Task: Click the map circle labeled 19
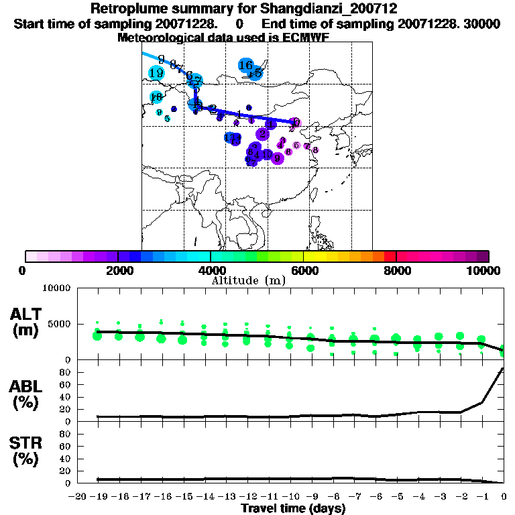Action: point(157,73)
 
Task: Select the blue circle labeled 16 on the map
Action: point(245,65)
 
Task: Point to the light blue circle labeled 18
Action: point(156,97)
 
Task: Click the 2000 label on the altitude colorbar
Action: point(117,270)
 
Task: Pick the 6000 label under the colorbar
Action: point(303,270)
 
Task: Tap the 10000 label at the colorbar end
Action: point(483,270)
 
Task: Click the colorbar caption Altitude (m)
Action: point(249,280)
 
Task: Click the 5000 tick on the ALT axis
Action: point(59,324)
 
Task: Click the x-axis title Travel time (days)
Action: point(292,508)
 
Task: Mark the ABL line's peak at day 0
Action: point(504,368)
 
